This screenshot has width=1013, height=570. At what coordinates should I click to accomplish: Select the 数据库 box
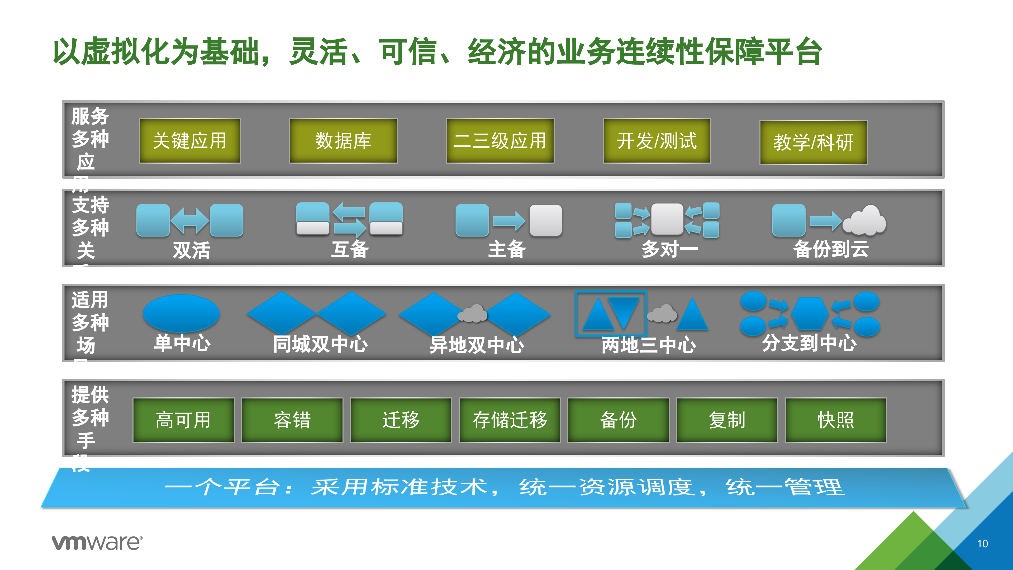tap(343, 141)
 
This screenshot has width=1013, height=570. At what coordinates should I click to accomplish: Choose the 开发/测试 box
tap(657, 141)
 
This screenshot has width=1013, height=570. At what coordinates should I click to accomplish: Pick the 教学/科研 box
tap(813, 142)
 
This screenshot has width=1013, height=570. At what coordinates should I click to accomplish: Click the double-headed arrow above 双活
tap(190, 221)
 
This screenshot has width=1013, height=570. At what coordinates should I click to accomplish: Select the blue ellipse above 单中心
tap(181, 313)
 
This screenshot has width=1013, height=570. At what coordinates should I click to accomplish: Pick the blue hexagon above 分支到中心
tap(810, 313)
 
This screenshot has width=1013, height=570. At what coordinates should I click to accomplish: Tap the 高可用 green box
tap(183, 420)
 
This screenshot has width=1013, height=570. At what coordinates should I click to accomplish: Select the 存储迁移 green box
tap(510, 420)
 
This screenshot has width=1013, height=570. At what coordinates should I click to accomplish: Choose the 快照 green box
tap(836, 420)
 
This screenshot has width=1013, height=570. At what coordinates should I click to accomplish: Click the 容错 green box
tap(292, 420)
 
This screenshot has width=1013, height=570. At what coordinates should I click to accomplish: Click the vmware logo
tap(97, 543)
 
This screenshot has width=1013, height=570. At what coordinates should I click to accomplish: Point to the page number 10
tap(982, 544)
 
